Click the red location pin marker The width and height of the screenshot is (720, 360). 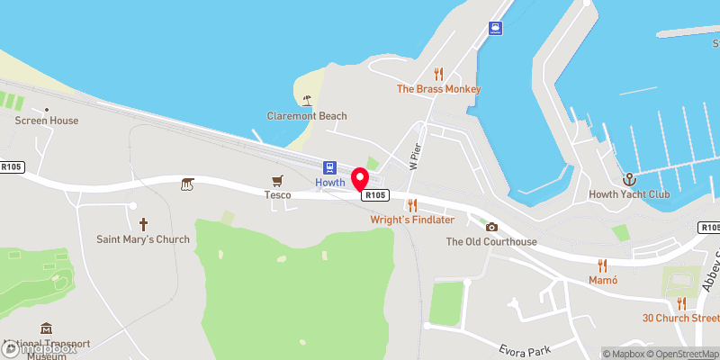click(360, 180)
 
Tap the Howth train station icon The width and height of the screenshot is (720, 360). click(330, 167)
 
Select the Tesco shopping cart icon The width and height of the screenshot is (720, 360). click(277, 180)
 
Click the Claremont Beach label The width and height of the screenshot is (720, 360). click(307, 116)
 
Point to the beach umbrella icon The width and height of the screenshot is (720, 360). click(307, 100)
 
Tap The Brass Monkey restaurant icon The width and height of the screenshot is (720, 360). click(439, 74)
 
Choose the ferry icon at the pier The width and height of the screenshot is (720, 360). click(495, 28)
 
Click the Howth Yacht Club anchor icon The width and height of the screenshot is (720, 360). click(629, 179)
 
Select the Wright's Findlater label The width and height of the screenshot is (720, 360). click(412, 220)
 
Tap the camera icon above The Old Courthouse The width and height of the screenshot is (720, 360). click(491, 227)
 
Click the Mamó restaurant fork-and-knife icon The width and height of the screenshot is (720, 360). click(603, 265)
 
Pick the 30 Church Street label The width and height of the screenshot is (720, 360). click(680, 318)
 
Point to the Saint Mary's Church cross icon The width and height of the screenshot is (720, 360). click(143, 224)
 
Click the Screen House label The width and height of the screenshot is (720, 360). click(47, 121)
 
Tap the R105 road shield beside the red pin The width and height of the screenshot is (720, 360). click(375, 194)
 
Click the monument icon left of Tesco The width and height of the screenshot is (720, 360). click(187, 184)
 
